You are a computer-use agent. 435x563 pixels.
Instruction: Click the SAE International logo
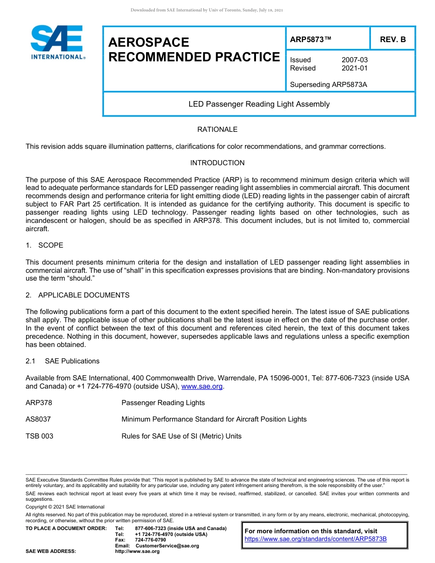tap(57, 42)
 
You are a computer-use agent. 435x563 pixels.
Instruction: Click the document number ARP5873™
tap(310, 40)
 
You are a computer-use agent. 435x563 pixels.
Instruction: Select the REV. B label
tap(392, 40)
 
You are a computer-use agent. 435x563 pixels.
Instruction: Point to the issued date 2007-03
tap(354, 60)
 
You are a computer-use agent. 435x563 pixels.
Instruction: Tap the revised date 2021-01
tap(354, 68)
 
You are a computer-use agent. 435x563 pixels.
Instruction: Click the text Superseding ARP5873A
tap(328, 85)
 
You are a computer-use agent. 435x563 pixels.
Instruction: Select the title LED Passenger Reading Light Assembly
tap(259, 104)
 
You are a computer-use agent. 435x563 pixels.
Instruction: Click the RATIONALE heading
tap(217, 130)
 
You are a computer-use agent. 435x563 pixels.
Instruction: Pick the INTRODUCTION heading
tap(217, 163)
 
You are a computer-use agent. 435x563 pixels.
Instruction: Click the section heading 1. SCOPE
tap(44, 245)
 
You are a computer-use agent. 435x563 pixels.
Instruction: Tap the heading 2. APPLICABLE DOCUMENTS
tap(77, 295)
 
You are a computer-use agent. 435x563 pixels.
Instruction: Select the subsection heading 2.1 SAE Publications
tap(62, 361)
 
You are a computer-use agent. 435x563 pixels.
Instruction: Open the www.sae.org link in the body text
tap(202, 387)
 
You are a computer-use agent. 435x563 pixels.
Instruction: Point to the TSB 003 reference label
tap(39, 436)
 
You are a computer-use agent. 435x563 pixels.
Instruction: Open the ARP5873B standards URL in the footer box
tap(315, 539)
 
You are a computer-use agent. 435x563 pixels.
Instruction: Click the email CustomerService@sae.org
tap(167, 546)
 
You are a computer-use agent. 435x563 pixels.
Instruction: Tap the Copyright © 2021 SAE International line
tap(65, 507)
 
